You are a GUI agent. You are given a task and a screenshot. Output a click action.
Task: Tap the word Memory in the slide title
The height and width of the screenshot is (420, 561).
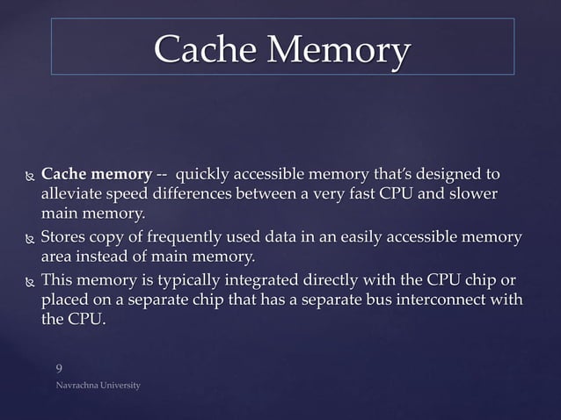click(338, 50)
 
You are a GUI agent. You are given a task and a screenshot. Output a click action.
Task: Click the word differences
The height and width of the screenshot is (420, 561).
click(209, 192)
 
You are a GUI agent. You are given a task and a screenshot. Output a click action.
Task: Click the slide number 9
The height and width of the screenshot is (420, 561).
click(59, 368)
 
